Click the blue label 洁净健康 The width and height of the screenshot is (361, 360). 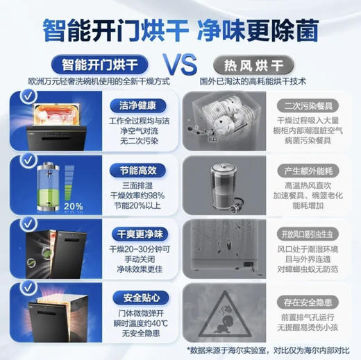click(x=137, y=106)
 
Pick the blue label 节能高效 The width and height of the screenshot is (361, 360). click(x=137, y=169)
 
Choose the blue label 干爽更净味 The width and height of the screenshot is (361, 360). click(x=137, y=232)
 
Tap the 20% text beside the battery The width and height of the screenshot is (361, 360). click(x=72, y=206)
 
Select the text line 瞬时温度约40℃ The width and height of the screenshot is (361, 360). click(x=137, y=324)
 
